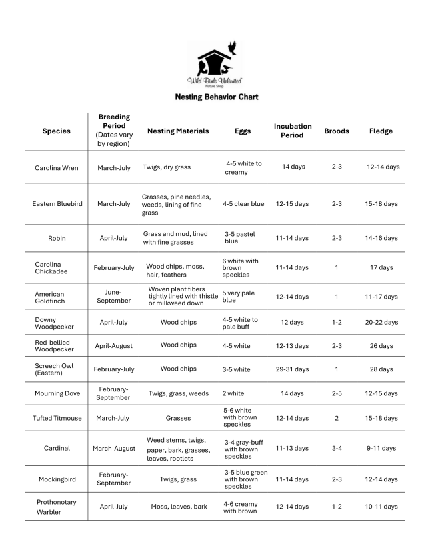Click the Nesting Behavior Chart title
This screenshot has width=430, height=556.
click(x=217, y=97)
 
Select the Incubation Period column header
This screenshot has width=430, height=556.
click(x=293, y=131)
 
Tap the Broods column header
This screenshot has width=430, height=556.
click(x=337, y=131)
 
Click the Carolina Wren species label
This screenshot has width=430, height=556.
click(x=57, y=167)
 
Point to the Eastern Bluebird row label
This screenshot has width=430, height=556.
click(x=57, y=204)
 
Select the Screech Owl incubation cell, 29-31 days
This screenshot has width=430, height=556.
click(x=293, y=369)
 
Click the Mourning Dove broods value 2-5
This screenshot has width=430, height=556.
click(x=337, y=393)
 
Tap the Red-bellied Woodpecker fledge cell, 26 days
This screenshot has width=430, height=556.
click(x=382, y=345)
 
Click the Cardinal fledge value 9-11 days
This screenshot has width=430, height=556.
click(x=382, y=448)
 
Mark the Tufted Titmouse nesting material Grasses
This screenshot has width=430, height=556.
click(x=178, y=418)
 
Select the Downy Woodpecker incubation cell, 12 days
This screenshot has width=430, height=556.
click(x=293, y=322)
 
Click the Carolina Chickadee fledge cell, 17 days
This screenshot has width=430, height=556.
click(x=382, y=267)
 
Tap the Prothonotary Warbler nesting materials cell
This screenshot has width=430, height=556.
click(x=179, y=507)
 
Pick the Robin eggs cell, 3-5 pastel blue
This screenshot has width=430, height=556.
click(x=240, y=238)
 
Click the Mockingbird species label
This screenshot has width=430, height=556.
click(x=57, y=479)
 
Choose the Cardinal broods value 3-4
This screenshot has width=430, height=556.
click(x=337, y=448)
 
